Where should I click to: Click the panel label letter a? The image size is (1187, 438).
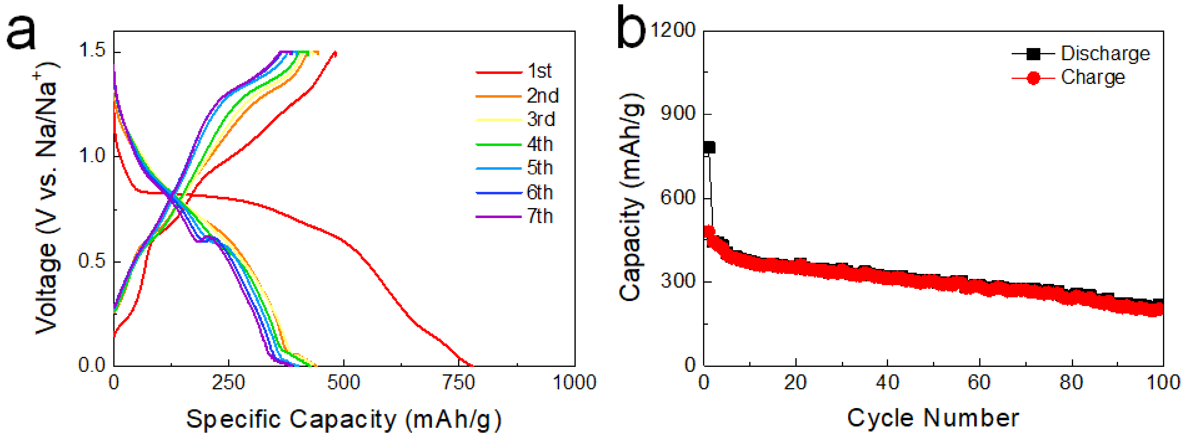pyautogui.click(x=21, y=32)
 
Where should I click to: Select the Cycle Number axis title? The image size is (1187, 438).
pyautogui.click(x=933, y=418)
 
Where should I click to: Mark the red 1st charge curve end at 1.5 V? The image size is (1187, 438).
pyautogui.click(x=335, y=53)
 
